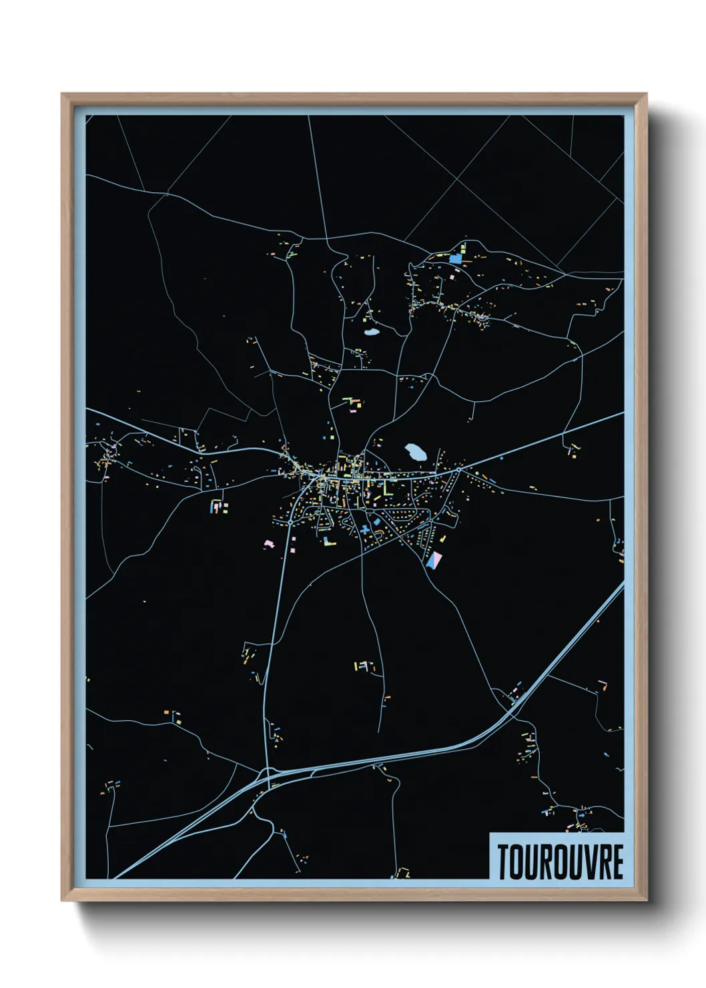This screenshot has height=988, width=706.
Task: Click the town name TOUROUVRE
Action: point(559,862)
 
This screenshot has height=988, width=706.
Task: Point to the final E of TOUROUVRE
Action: point(617,862)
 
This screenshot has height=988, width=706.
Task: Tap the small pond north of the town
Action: point(371,330)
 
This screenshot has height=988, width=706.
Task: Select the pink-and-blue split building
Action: point(434,560)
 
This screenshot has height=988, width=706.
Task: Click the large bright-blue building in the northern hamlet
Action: point(456,258)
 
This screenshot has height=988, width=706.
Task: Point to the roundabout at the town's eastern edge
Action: point(459,469)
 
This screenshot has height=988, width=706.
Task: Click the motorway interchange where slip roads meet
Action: point(269,776)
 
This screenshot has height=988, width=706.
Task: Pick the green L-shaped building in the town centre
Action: point(386,489)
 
